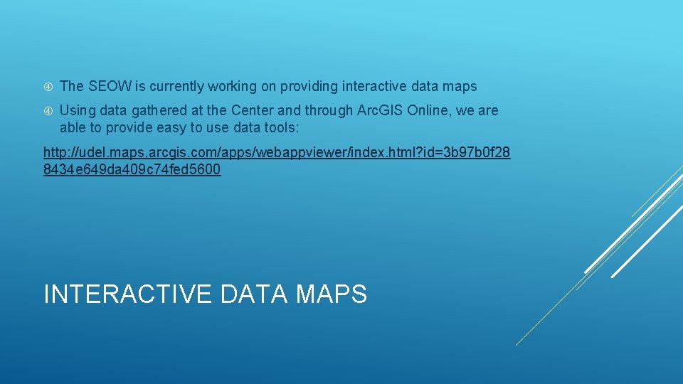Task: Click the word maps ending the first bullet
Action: (x=460, y=87)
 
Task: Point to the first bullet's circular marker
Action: (x=48, y=87)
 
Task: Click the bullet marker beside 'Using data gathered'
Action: (x=48, y=111)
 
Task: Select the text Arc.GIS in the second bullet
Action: (x=378, y=111)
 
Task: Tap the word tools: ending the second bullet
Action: (x=284, y=128)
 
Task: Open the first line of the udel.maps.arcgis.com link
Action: (x=277, y=152)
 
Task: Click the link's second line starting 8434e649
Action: (x=132, y=170)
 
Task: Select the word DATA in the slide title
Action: (x=253, y=294)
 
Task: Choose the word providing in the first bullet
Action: (x=308, y=87)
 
